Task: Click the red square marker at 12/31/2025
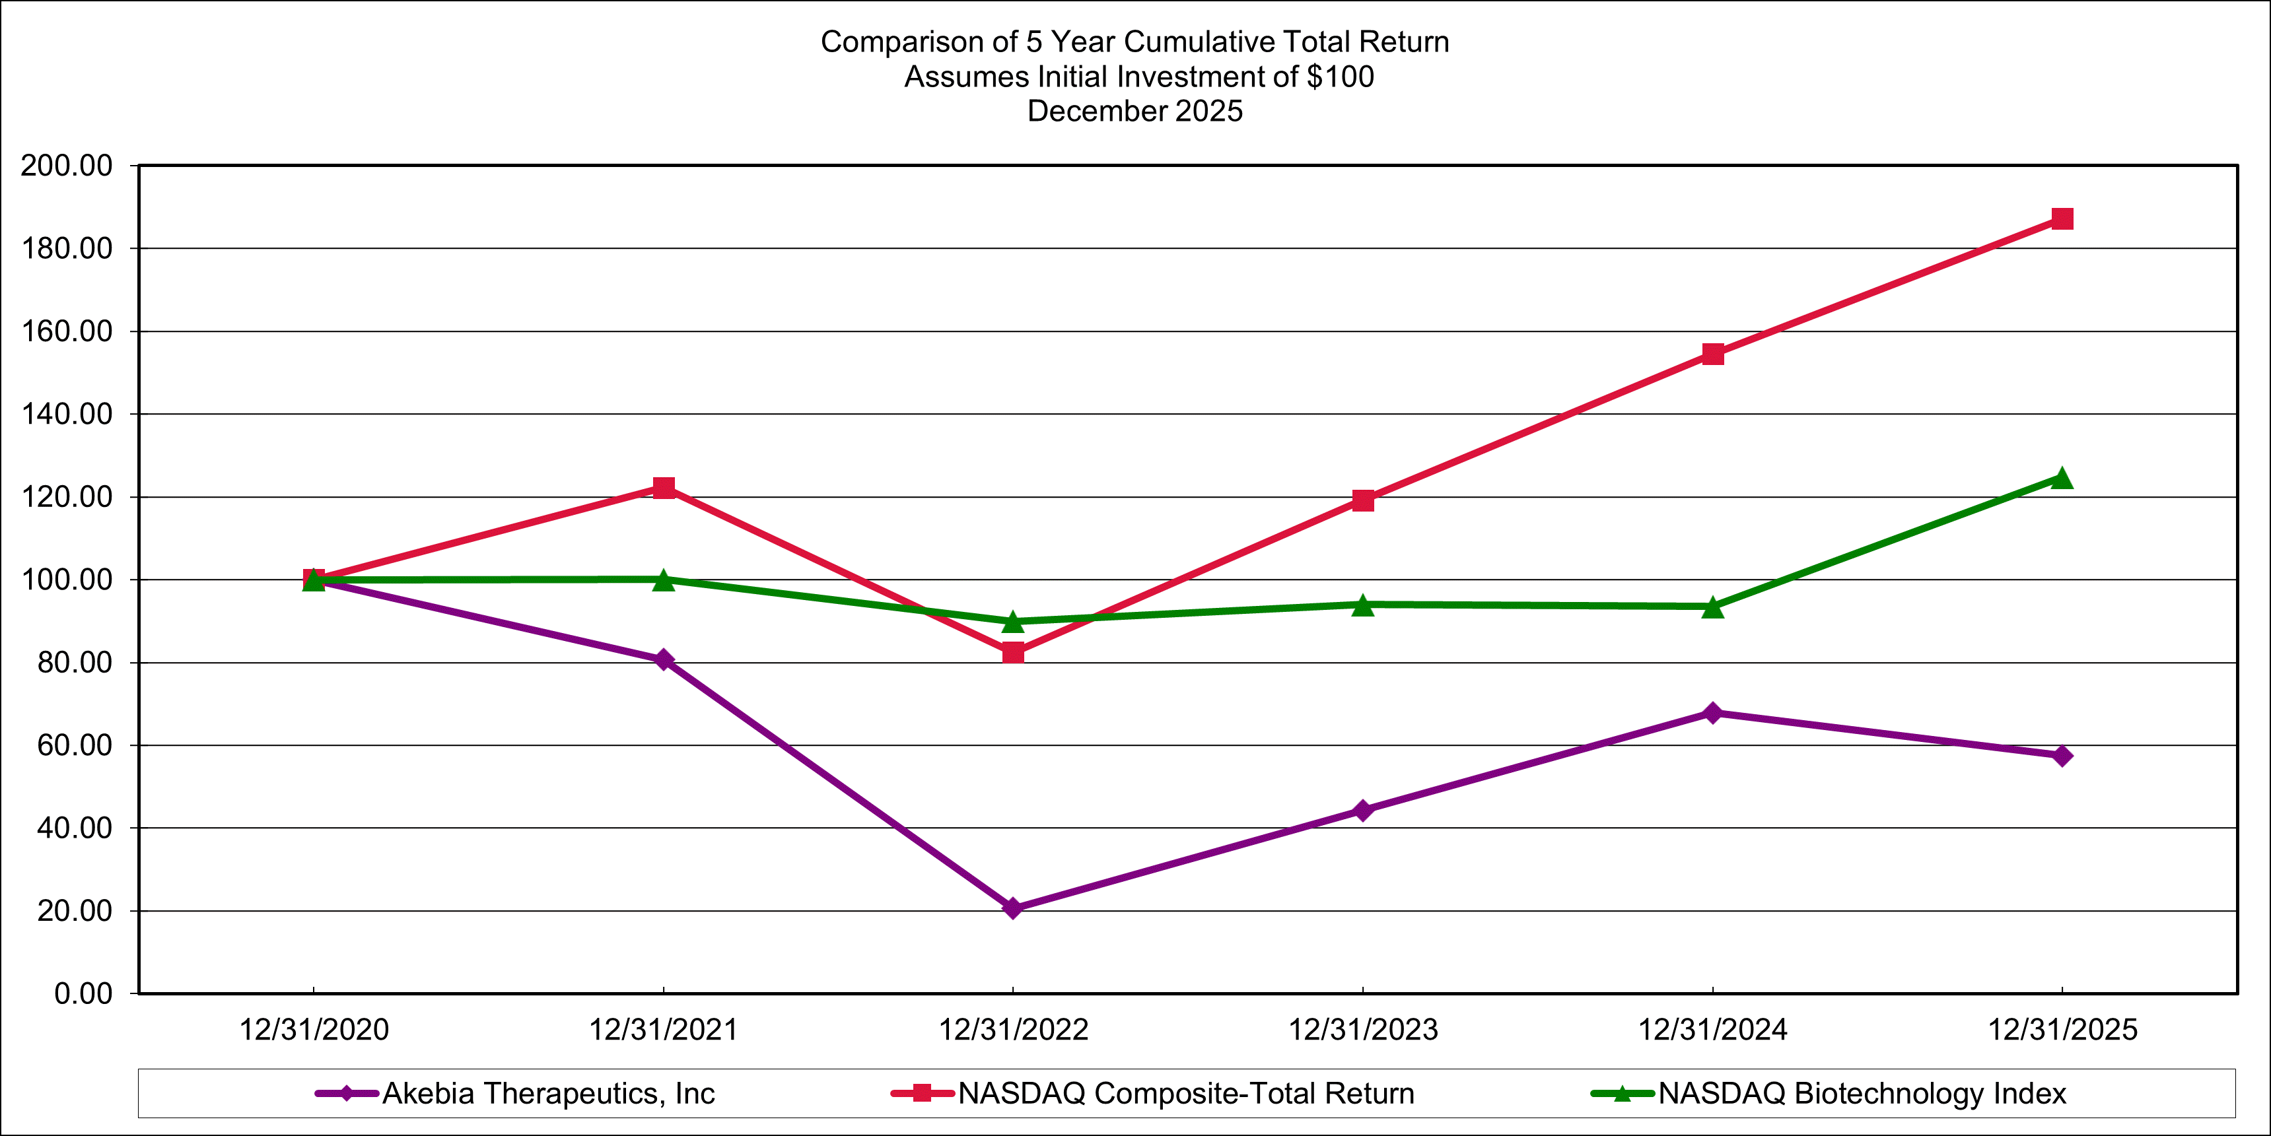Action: [2062, 218]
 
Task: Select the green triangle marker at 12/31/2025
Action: [2062, 479]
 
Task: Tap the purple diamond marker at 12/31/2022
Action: [1013, 908]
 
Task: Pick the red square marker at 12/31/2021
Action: [664, 487]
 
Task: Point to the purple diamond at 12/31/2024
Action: [1713, 712]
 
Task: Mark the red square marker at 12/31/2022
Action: [1013, 652]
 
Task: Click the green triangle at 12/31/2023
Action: [1363, 605]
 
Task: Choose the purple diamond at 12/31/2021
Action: [664, 659]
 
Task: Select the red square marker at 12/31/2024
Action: [1713, 354]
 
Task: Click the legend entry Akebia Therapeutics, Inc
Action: [547, 1094]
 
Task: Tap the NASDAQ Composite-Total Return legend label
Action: [1186, 1094]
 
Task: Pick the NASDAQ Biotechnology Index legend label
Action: [1862, 1094]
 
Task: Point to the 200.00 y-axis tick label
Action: [67, 166]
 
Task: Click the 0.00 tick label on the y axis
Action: [84, 994]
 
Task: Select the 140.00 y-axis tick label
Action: [67, 415]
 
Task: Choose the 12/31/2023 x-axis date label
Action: [1363, 1029]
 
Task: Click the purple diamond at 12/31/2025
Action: [2062, 755]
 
